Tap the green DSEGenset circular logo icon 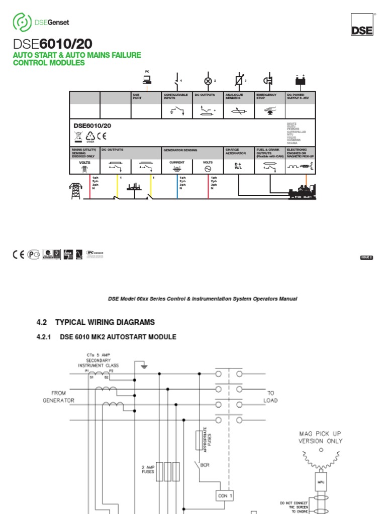[x=22, y=22]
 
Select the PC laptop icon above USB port [x=147, y=80]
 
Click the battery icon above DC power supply [x=300, y=81]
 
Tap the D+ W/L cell [x=238, y=166]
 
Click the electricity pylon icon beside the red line [x=75, y=191]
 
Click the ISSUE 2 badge [x=366, y=258]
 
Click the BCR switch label [x=205, y=465]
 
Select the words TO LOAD [x=271, y=397]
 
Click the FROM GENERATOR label [x=62, y=397]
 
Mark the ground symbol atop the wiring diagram [x=144, y=366]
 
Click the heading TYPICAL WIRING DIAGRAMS [x=105, y=322]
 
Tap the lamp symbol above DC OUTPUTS [x=207, y=80]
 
